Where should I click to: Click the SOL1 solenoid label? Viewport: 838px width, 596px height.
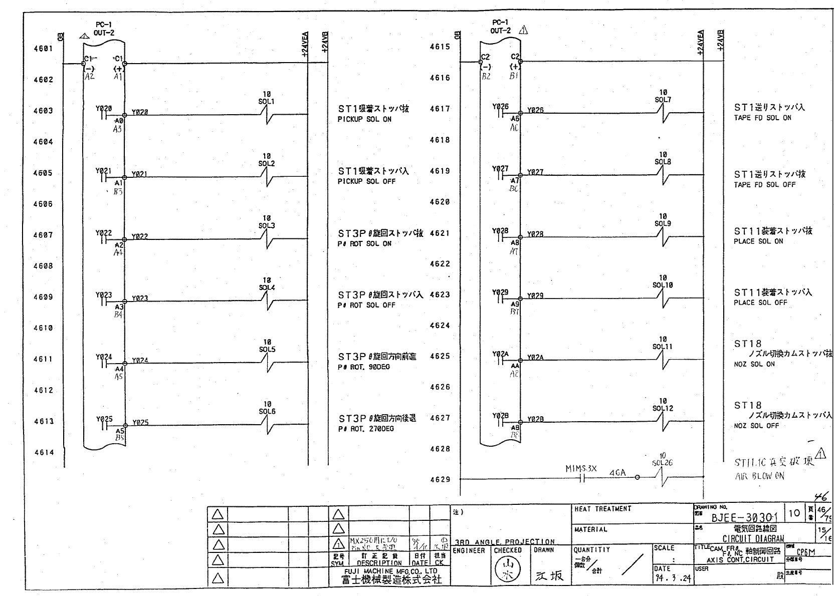click(266, 102)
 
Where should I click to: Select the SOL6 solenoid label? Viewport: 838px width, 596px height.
click(267, 412)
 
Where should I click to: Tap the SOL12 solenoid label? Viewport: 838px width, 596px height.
click(662, 408)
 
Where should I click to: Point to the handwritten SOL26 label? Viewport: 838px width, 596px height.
click(662, 463)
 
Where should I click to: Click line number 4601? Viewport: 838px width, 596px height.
click(43, 49)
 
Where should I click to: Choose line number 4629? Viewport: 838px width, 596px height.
click(440, 480)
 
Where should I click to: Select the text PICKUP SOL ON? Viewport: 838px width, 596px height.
click(364, 120)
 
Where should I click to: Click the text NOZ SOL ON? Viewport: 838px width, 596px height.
click(754, 365)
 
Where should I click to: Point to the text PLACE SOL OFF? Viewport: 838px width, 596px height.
click(760, 303)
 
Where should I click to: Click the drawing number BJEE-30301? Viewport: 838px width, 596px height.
click(744, 517)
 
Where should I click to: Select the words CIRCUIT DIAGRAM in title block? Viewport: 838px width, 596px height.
click(753, 539)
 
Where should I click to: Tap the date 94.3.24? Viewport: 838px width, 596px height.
click(672, 578)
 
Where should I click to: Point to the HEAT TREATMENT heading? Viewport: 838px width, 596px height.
click(602, 509)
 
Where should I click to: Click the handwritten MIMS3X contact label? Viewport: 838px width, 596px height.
click(581, 469)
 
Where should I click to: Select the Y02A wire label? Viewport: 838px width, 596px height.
click(535, 358)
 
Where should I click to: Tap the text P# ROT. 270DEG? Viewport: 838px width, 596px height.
click(365, 429)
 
